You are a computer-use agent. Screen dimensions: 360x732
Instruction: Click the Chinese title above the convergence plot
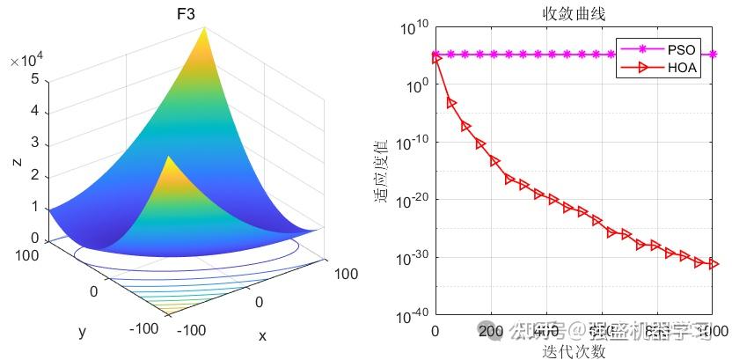tap(573, 13)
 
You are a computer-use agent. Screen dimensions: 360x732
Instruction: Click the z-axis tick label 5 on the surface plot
tap(33, 79)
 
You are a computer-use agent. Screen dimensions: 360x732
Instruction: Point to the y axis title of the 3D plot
tap(81, 331)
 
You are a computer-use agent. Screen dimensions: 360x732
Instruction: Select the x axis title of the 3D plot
tap(262, 335)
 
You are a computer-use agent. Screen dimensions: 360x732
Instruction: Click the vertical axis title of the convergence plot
tap(381, 172)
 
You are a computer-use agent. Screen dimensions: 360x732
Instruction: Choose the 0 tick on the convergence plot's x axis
tap(435, 331)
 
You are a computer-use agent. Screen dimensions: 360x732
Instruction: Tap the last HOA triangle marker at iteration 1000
tap(713, 264)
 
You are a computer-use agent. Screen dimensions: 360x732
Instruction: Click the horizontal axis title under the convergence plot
tap(573, 350)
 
